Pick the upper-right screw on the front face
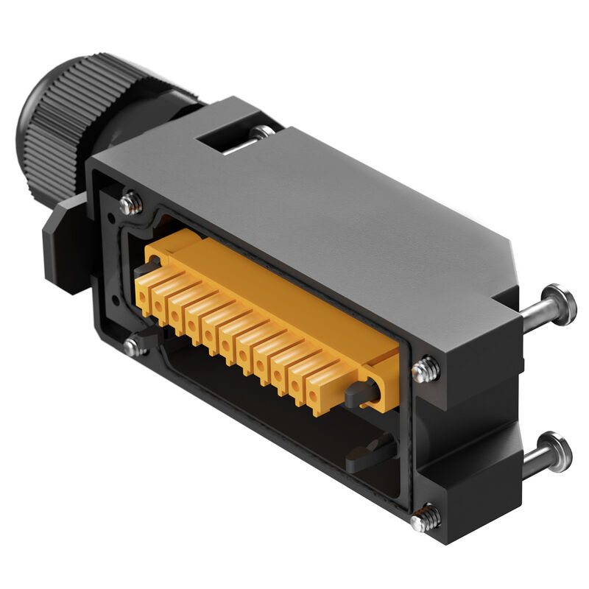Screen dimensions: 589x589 click(x=426, y=368)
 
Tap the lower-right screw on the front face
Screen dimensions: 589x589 click(x=426, y=518)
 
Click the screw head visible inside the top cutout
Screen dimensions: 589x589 click(x=261, y=133)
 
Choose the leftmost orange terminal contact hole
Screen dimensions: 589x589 click(x=141, y=296)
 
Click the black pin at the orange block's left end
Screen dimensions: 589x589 click(x=142, y=270)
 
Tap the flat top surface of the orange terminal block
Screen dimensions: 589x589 click(x=280, y=294)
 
